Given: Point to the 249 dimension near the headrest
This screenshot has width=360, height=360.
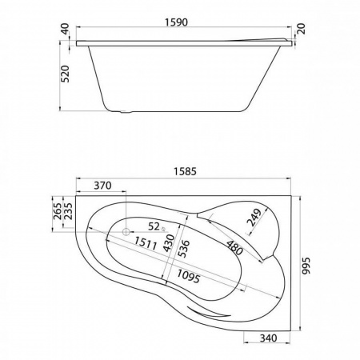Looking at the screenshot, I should point(254,218).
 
